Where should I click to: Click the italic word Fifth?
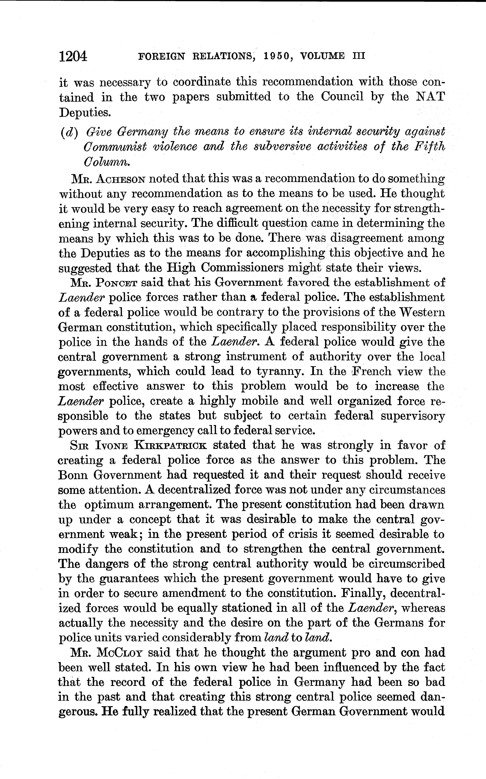(x=429, y=147)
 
